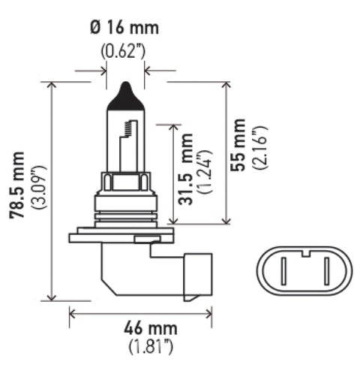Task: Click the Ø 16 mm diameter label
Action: pyautogui.click(x=124, y=29)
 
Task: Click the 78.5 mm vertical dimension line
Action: pyautogui.click(x=52, y=192)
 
